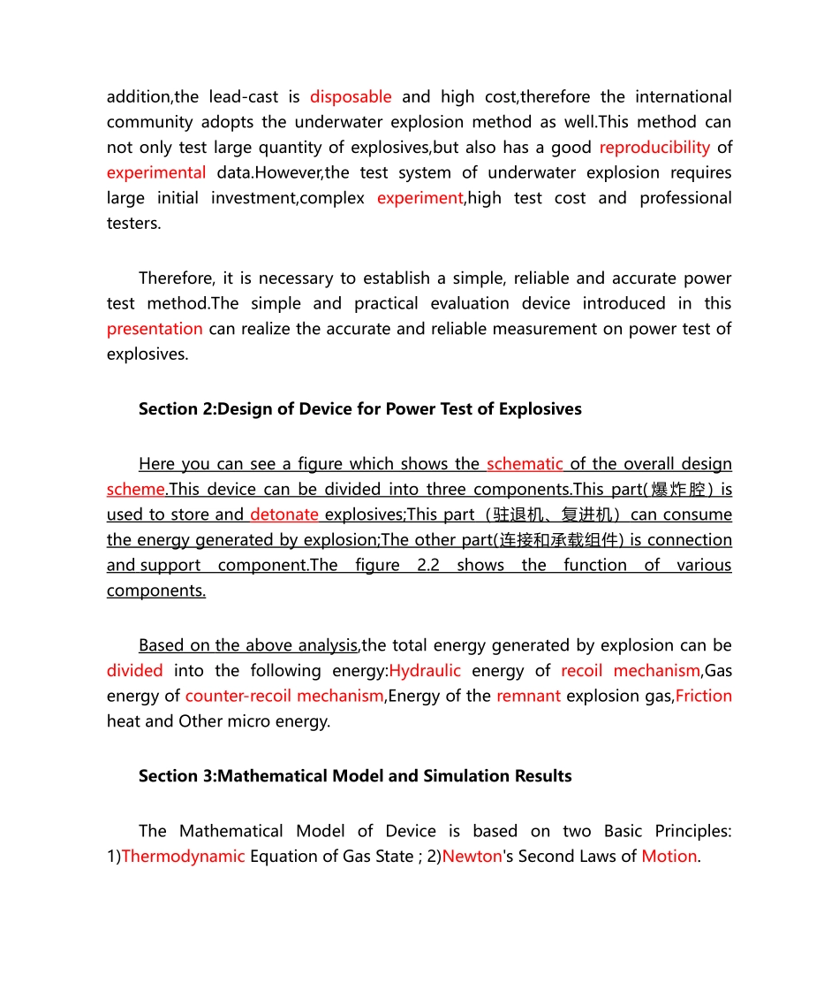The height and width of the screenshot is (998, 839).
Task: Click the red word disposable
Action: pos(351,96)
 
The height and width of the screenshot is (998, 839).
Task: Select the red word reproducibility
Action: pos(654,147)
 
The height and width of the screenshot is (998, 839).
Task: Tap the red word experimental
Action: pos(156,172)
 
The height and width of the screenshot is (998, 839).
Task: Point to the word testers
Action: pos(134,223)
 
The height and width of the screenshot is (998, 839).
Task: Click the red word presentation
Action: pos(155,329)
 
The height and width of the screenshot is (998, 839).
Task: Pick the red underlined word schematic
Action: pos(525,464)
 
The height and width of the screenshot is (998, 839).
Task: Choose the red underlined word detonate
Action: pos(284,514)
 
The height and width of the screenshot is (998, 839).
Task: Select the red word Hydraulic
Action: pos(425,670)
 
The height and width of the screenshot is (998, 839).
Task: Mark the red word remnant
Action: pos(528,696)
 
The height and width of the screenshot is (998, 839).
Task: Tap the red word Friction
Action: pos(703,696)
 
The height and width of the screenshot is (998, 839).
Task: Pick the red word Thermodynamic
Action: pos(183,856)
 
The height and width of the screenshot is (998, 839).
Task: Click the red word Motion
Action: pos(669,856)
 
